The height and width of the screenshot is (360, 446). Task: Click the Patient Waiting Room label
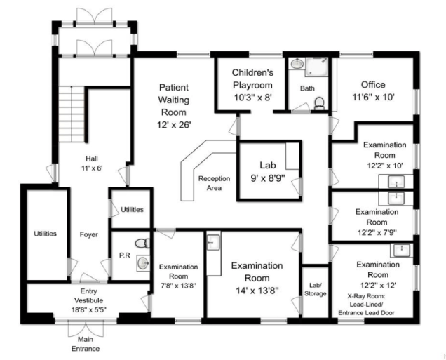174,106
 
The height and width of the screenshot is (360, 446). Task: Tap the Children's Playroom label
252,85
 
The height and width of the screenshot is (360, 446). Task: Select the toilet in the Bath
320,103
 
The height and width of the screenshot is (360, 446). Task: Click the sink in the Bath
297,63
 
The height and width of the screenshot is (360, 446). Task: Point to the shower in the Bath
316,67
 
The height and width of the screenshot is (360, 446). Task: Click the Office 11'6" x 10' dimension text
373,98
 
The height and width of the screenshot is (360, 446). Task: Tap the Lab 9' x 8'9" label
268,172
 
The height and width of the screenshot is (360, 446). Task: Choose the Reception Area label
214,183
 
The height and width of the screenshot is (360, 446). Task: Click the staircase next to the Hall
72,114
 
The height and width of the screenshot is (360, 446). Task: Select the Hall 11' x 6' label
92,164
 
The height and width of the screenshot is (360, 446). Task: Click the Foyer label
89,234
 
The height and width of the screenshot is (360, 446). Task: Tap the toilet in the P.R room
142,244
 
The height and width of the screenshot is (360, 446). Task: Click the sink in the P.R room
143,263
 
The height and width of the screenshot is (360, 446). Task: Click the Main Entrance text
86,344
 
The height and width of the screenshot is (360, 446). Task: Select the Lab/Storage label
315,289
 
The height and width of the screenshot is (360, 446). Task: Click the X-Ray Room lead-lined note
366,305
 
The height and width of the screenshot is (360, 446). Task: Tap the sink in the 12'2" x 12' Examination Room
401,250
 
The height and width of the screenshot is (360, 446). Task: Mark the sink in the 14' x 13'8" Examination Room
213,242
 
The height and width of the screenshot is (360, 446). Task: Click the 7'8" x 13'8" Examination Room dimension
178,286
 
